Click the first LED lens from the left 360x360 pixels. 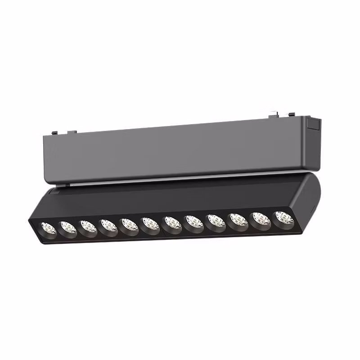[49, 228]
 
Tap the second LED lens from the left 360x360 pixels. [68, 227]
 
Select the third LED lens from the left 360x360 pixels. [88, 226]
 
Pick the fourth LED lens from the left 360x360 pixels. [108, 225]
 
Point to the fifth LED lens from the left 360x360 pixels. [129, 224]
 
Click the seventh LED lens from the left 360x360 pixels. [172, 222]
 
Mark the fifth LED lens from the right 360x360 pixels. [194, 221]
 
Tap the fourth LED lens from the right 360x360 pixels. [216, 220]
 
